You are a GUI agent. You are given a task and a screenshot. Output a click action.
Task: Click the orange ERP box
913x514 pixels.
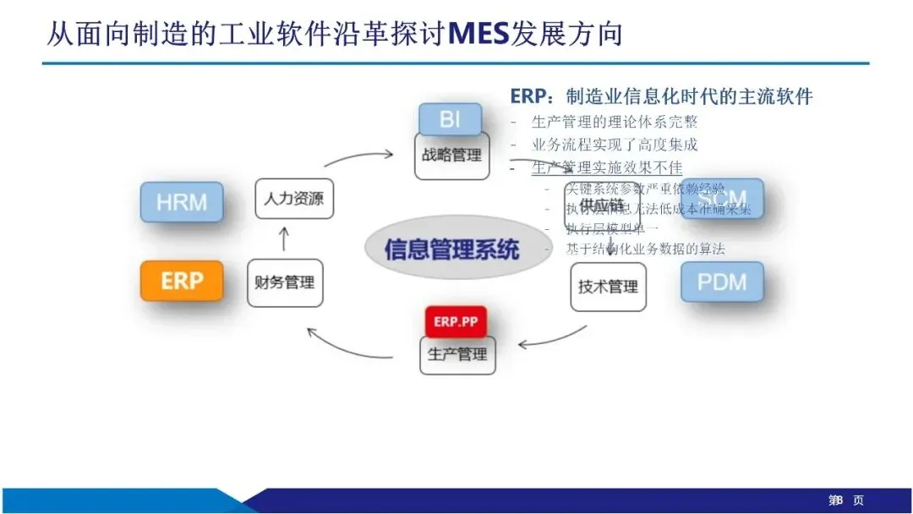pos(182,281)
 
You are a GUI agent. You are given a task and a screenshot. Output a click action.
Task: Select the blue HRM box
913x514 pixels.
pos(182,202)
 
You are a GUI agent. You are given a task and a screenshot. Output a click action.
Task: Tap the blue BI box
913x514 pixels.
pos(451,118)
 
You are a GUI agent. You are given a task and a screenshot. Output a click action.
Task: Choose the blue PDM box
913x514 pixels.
pos(722,282)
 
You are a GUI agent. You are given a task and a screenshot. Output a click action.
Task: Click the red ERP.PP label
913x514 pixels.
pos(456,321)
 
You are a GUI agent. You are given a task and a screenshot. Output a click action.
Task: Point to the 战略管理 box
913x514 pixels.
pos(452,156)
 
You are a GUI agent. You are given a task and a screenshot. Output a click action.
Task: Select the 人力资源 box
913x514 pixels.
pos(293,200)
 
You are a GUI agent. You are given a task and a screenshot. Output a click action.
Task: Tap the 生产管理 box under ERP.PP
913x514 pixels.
pos(457,354)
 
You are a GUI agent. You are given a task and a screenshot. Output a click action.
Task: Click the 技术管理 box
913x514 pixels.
pos(608,287)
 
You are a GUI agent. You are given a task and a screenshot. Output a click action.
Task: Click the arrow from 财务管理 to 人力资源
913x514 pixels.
pos(283,238)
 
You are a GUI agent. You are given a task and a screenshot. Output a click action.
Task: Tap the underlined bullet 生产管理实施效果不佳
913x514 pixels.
pos(607,167)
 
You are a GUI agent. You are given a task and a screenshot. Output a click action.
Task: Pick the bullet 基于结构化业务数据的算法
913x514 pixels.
pos(645,249)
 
